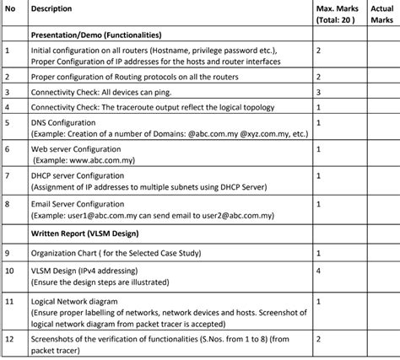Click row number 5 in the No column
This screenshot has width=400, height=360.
click(x=7, y=122)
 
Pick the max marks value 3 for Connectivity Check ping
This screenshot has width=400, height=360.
click(x=318, y=91)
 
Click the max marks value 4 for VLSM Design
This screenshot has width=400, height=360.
click(x=318, y=271)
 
